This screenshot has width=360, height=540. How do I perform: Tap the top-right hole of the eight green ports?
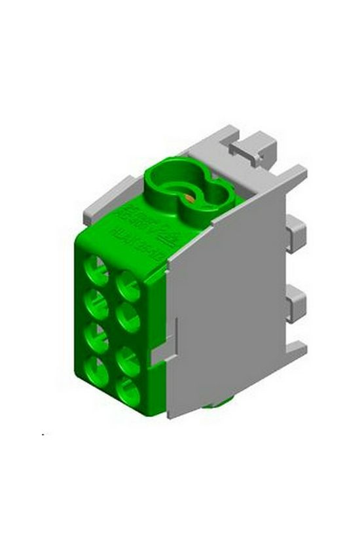click(x=128, y=286)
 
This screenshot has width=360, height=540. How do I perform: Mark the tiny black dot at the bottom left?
click(x=44, y=434)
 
